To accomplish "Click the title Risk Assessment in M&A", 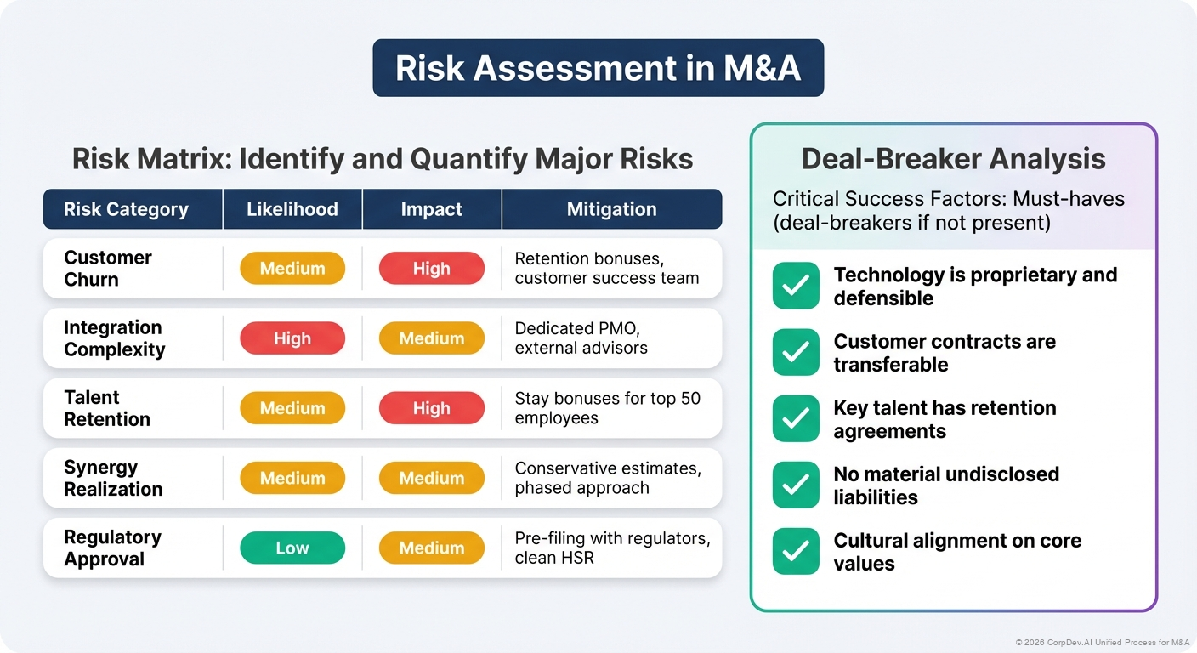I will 598,68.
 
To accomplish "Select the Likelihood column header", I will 292,209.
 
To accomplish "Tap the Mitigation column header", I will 611,209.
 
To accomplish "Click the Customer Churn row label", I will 108,269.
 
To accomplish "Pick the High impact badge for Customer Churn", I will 431,269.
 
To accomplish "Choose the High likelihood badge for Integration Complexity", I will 292,338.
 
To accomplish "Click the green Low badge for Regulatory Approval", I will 292,548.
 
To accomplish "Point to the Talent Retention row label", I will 107,408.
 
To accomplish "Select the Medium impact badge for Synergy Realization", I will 431,479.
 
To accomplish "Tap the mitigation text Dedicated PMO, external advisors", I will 581,338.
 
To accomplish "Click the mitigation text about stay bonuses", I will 607,408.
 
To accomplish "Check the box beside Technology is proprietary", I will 796,287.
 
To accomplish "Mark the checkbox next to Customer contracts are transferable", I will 796,353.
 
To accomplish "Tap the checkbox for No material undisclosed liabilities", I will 796,485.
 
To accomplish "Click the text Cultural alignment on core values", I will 956,552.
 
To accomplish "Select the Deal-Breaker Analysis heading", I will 953,159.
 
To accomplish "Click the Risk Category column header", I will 126,209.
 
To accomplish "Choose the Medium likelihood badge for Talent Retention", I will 292,408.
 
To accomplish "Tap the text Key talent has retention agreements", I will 945,419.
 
